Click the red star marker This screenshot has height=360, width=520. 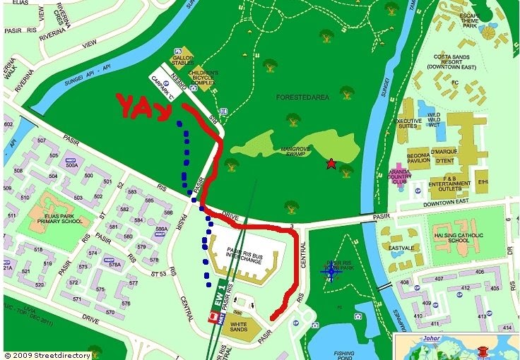[331, 164]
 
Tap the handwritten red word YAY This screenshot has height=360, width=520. [144, 107]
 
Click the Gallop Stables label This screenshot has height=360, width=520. [182, 59]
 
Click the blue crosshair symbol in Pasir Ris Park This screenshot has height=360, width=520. [331, 271]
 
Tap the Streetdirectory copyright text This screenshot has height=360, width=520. [47, 355]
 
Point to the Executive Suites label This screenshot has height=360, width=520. [408, 124]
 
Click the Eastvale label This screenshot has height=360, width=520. [401, 248]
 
